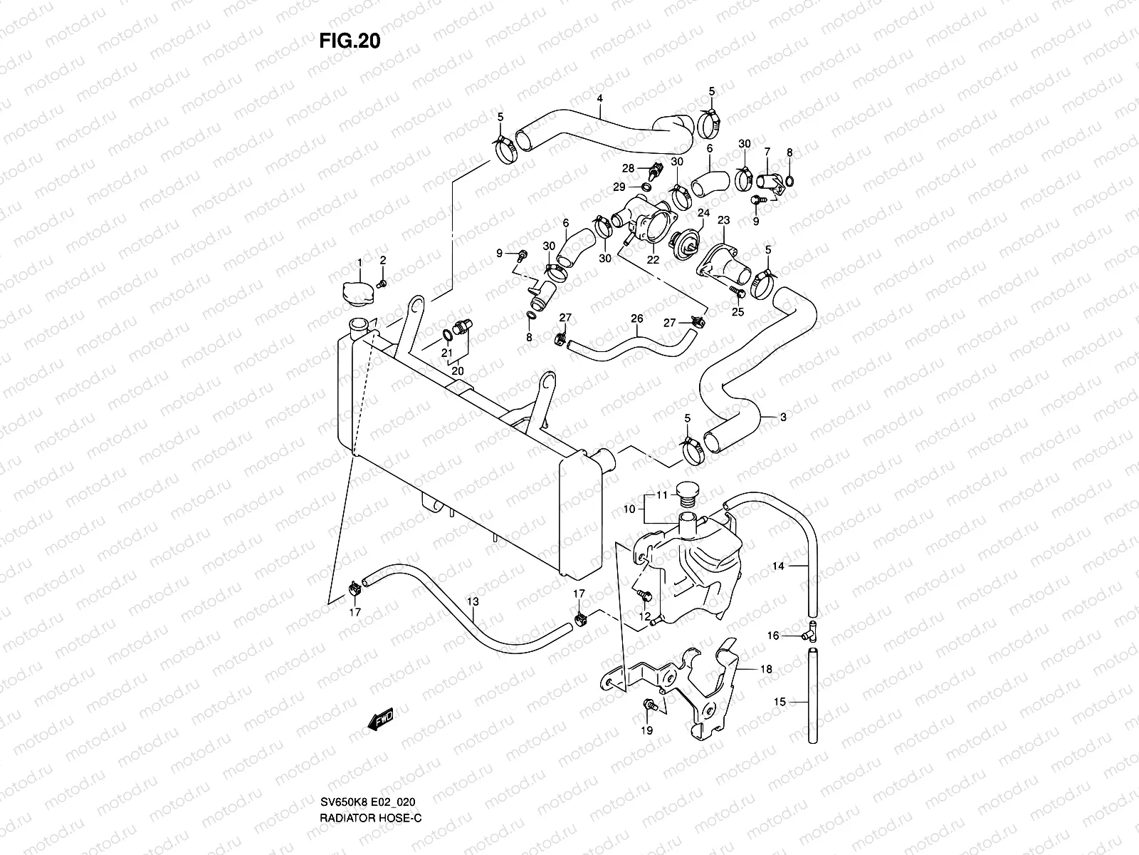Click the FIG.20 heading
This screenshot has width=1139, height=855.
pyautogui.click(x=350, y=41)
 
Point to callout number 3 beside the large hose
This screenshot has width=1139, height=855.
pyautogui.click(x=783, y=418)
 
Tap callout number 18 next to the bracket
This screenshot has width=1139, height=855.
pyautogui.click(x=766, y=670)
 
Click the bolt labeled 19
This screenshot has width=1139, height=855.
pyautogui.click(x=649, y=705)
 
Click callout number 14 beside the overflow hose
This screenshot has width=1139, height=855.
pyautogui.click(x=778, y=566)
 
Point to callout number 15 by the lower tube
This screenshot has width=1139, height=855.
pyautogui.click(x=780, y=702)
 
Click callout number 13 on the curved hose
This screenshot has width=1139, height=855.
pyautogui.click(x=472, y=602)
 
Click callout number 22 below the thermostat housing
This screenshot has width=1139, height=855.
pyautogui.click(x=652, y=261)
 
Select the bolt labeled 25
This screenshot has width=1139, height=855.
pyautogui.click(x=738, y=292)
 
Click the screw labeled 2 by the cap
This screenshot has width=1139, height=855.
pyautogui.click(x=382, y=284)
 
